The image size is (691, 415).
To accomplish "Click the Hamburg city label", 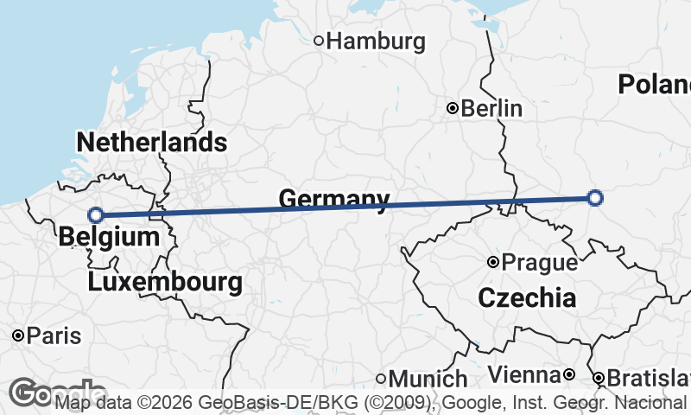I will point(377,41).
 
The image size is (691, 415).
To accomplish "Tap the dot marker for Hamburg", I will point(319,40).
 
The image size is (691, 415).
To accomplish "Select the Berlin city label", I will point(491,109).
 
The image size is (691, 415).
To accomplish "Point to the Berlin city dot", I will point(452,108).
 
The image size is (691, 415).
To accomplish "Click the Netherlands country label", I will point(151,143).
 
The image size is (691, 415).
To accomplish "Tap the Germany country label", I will point(333,200).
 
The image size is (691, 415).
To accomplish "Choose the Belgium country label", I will point(110,237).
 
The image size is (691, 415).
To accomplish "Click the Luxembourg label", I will point(164,282).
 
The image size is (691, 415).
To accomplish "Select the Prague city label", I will point(540,262).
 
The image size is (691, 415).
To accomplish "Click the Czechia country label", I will point(526,299).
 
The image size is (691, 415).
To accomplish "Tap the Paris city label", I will point(54,335).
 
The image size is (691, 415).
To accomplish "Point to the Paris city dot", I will point(18,335).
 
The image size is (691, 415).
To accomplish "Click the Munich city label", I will point(428,379).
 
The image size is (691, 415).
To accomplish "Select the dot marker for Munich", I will point(381,378).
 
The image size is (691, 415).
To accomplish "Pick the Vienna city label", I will point(524,374).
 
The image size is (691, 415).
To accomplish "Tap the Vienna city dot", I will point(569,374).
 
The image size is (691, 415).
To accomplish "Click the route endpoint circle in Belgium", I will point(96,215).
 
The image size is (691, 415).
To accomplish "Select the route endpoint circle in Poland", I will point(594,198).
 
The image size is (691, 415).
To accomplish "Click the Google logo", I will point(35,393).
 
